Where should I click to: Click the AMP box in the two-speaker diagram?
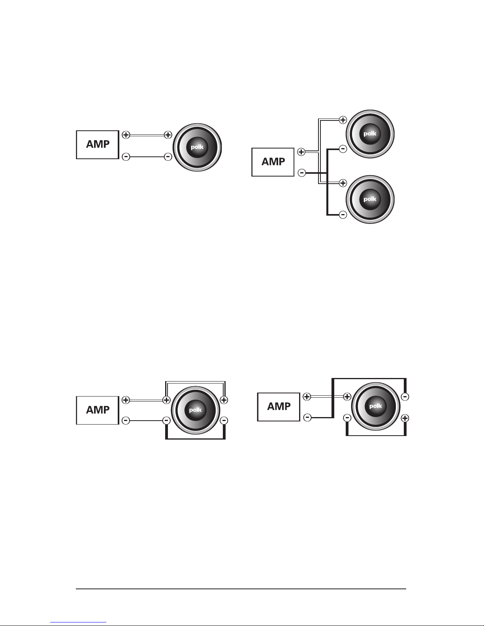click(273, 162)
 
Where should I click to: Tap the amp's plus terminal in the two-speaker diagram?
click(301, 152)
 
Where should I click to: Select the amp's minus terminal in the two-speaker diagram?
click(301, 173)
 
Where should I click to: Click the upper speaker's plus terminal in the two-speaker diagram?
click(343, 120)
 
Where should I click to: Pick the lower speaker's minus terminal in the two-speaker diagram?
click(343, 214)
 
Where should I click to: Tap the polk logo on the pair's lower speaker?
click(370, 199)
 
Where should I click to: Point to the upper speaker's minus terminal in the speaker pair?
click(343, 149)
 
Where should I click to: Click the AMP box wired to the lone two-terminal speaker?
click(98, 145)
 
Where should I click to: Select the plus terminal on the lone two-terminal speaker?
click(168, 135)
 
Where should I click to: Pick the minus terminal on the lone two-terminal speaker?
click(168, 157)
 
